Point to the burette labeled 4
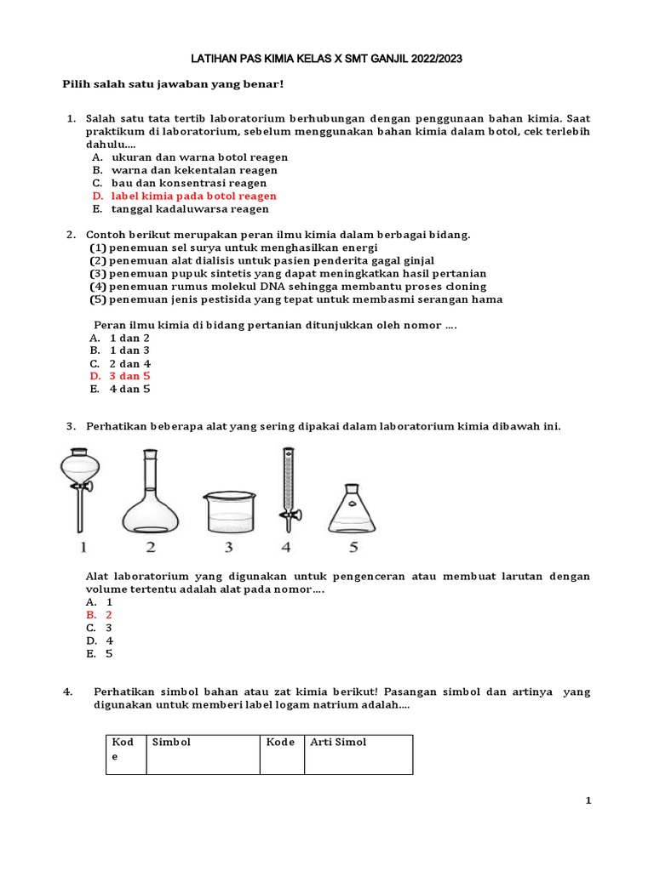click(285, 489)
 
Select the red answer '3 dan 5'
click(129, 376)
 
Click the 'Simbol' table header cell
click(171, 742)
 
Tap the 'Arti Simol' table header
click(338, 742)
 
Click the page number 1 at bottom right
click(588, 800)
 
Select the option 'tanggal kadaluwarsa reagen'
click(190, 208)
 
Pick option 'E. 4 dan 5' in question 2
click(129, 389)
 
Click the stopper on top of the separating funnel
click(77, 452)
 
